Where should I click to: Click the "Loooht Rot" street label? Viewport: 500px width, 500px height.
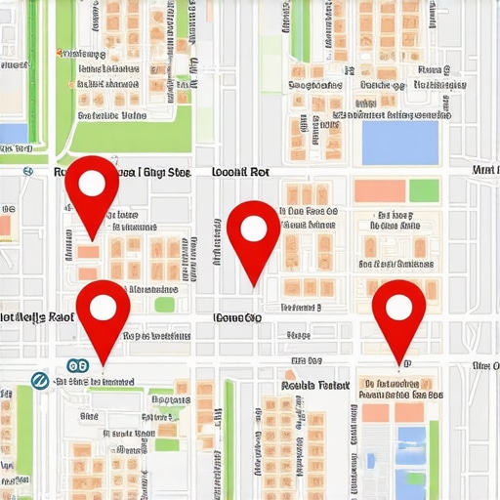pos(240,171)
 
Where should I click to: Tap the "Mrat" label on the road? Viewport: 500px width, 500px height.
pos(484,170)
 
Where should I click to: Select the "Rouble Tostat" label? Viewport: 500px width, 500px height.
pos(314,385)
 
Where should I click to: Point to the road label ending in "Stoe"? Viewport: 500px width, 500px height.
pos(166,171)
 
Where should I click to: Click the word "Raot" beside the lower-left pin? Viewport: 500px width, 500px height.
pos(60,317)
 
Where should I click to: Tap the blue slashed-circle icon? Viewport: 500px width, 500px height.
pos(40,380)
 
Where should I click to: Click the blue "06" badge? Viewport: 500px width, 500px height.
pos(77,366)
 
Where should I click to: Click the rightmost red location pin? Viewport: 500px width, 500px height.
pos(398,310)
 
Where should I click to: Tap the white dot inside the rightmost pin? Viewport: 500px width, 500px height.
pos(398,307)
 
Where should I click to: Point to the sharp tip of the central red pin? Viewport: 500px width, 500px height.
pos(253,285)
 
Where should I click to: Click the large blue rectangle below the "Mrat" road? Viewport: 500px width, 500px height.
pos(400,142)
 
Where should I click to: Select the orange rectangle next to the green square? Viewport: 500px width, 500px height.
pos(380,190)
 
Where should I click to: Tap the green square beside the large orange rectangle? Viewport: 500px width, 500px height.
pos(424,190)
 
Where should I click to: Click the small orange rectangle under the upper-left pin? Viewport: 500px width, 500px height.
pos(88,252)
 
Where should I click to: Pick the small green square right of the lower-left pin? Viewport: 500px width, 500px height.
pos(164,305)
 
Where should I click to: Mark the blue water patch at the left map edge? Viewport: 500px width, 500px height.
pos(13,134)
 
